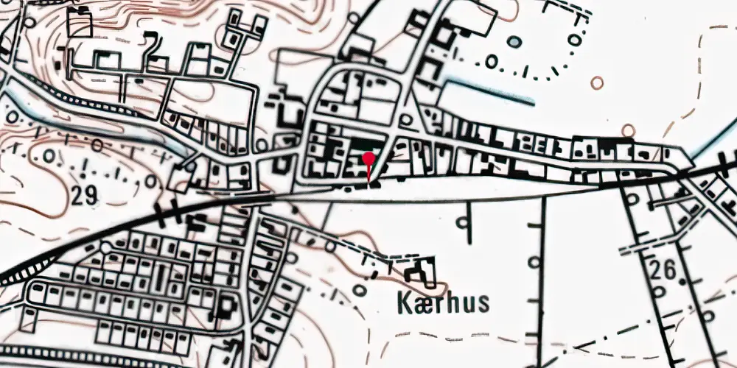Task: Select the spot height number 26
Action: coord(664,269)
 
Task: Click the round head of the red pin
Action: coord(368,158)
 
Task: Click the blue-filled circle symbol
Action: coord(514,42)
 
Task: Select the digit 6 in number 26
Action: coord(671,269)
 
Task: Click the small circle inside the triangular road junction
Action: coord(406,119)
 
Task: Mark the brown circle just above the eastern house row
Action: coord(628,130)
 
